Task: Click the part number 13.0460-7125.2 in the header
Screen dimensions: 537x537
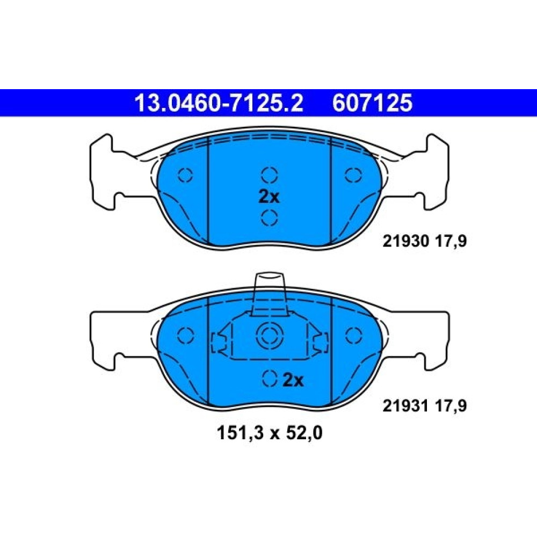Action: click(x=219, y=103)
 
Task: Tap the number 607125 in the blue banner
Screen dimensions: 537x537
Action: click(x=372, y=103)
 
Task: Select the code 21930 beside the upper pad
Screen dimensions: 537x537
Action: click(x=406, y=242)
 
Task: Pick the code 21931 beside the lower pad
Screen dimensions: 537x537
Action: click(x=406, y=406)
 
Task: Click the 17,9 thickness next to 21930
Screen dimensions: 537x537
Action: click(x=451, y=242)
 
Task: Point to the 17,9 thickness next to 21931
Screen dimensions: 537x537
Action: click(x=451, y=406)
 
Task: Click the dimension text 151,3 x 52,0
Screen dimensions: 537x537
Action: click(x=270, y=433)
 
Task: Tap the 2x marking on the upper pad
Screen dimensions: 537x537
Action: click(x=269, y=197)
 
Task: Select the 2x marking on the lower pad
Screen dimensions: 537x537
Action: click(x=293, y=380)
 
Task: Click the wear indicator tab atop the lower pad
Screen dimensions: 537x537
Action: click(x=270, y=294)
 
